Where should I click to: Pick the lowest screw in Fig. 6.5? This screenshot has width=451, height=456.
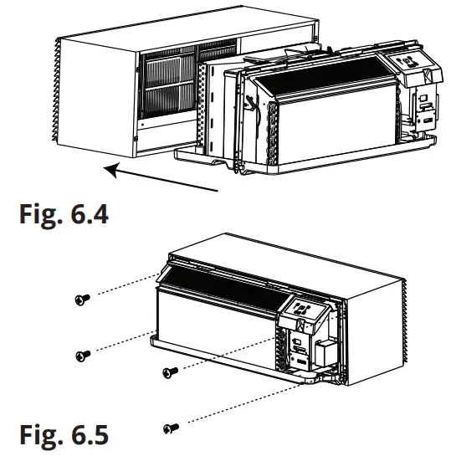[172, 428]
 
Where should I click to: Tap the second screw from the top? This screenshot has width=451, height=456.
[81, 356]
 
